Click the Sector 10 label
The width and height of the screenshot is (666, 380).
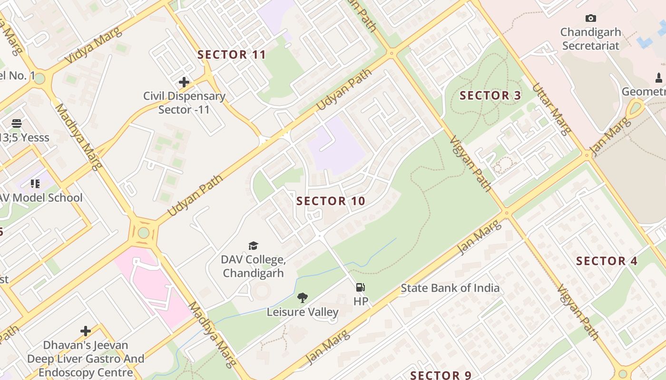(331, 201)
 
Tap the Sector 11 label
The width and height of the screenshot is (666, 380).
(232, 55)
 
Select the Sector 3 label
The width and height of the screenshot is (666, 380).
(490, 95)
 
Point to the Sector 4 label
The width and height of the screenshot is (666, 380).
(607, 261)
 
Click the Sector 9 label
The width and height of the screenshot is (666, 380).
(441, 375)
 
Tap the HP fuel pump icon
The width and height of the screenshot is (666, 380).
(361, 287)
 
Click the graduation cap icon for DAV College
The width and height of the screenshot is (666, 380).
(253, 246)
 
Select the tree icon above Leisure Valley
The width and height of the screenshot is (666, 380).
(302, 298)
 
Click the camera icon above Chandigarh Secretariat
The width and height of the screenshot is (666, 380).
(590, 19)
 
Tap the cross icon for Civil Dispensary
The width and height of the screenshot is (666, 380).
(184, 82)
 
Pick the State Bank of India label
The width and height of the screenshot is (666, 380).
(450, 288)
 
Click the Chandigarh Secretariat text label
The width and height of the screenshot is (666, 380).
(590, 39)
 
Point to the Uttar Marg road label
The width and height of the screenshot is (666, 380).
(551, 109)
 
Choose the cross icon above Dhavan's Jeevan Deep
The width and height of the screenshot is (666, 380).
(86, 331)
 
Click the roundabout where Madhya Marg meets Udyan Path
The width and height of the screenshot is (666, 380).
(144, 233)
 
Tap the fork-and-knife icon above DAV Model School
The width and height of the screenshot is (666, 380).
(35, 183)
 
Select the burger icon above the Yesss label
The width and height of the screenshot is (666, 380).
(17, 123)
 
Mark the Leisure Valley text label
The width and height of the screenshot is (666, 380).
(302, 312)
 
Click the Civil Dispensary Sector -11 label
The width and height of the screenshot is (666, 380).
(184, 103)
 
